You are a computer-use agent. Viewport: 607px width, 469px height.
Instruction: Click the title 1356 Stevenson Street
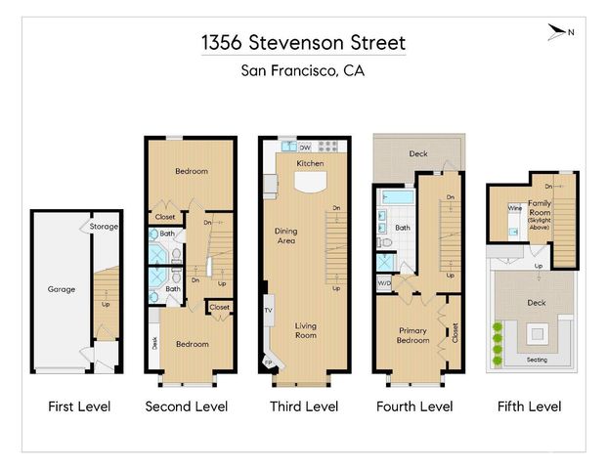click(303, 43)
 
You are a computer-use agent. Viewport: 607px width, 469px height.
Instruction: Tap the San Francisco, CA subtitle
click(303, 70)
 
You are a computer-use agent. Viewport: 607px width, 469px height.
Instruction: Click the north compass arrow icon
click(560, 33)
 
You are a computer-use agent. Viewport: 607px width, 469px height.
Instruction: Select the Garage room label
click(62, 289)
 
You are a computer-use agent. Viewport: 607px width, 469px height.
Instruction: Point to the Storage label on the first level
click(104, 227)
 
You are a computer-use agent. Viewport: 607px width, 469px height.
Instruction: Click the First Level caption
click(79, 406)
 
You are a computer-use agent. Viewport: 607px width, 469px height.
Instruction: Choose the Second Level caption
click(187, 406)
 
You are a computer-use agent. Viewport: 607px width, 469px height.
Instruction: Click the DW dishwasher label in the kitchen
click(305, 148)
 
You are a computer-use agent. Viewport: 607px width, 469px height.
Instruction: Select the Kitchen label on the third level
click(311, 163)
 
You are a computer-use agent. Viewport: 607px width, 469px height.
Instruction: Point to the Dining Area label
click(285, 234)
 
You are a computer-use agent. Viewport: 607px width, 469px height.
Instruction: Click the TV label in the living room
click(268, 311)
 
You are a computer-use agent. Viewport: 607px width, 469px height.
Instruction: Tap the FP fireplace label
click(269, 362)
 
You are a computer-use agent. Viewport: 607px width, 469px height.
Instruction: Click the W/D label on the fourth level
click(384, 284)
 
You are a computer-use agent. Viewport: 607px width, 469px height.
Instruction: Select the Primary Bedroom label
click(412, 335)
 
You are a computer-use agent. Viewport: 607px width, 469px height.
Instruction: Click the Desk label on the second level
click(154, 343)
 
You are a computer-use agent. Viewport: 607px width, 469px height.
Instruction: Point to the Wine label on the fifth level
click(513, 208)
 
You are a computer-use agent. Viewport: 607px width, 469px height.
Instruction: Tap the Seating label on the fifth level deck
click(537, 361)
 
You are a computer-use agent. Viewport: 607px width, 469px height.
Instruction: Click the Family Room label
click(541, 209)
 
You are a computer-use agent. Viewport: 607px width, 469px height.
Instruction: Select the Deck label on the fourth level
click(418, 153)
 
